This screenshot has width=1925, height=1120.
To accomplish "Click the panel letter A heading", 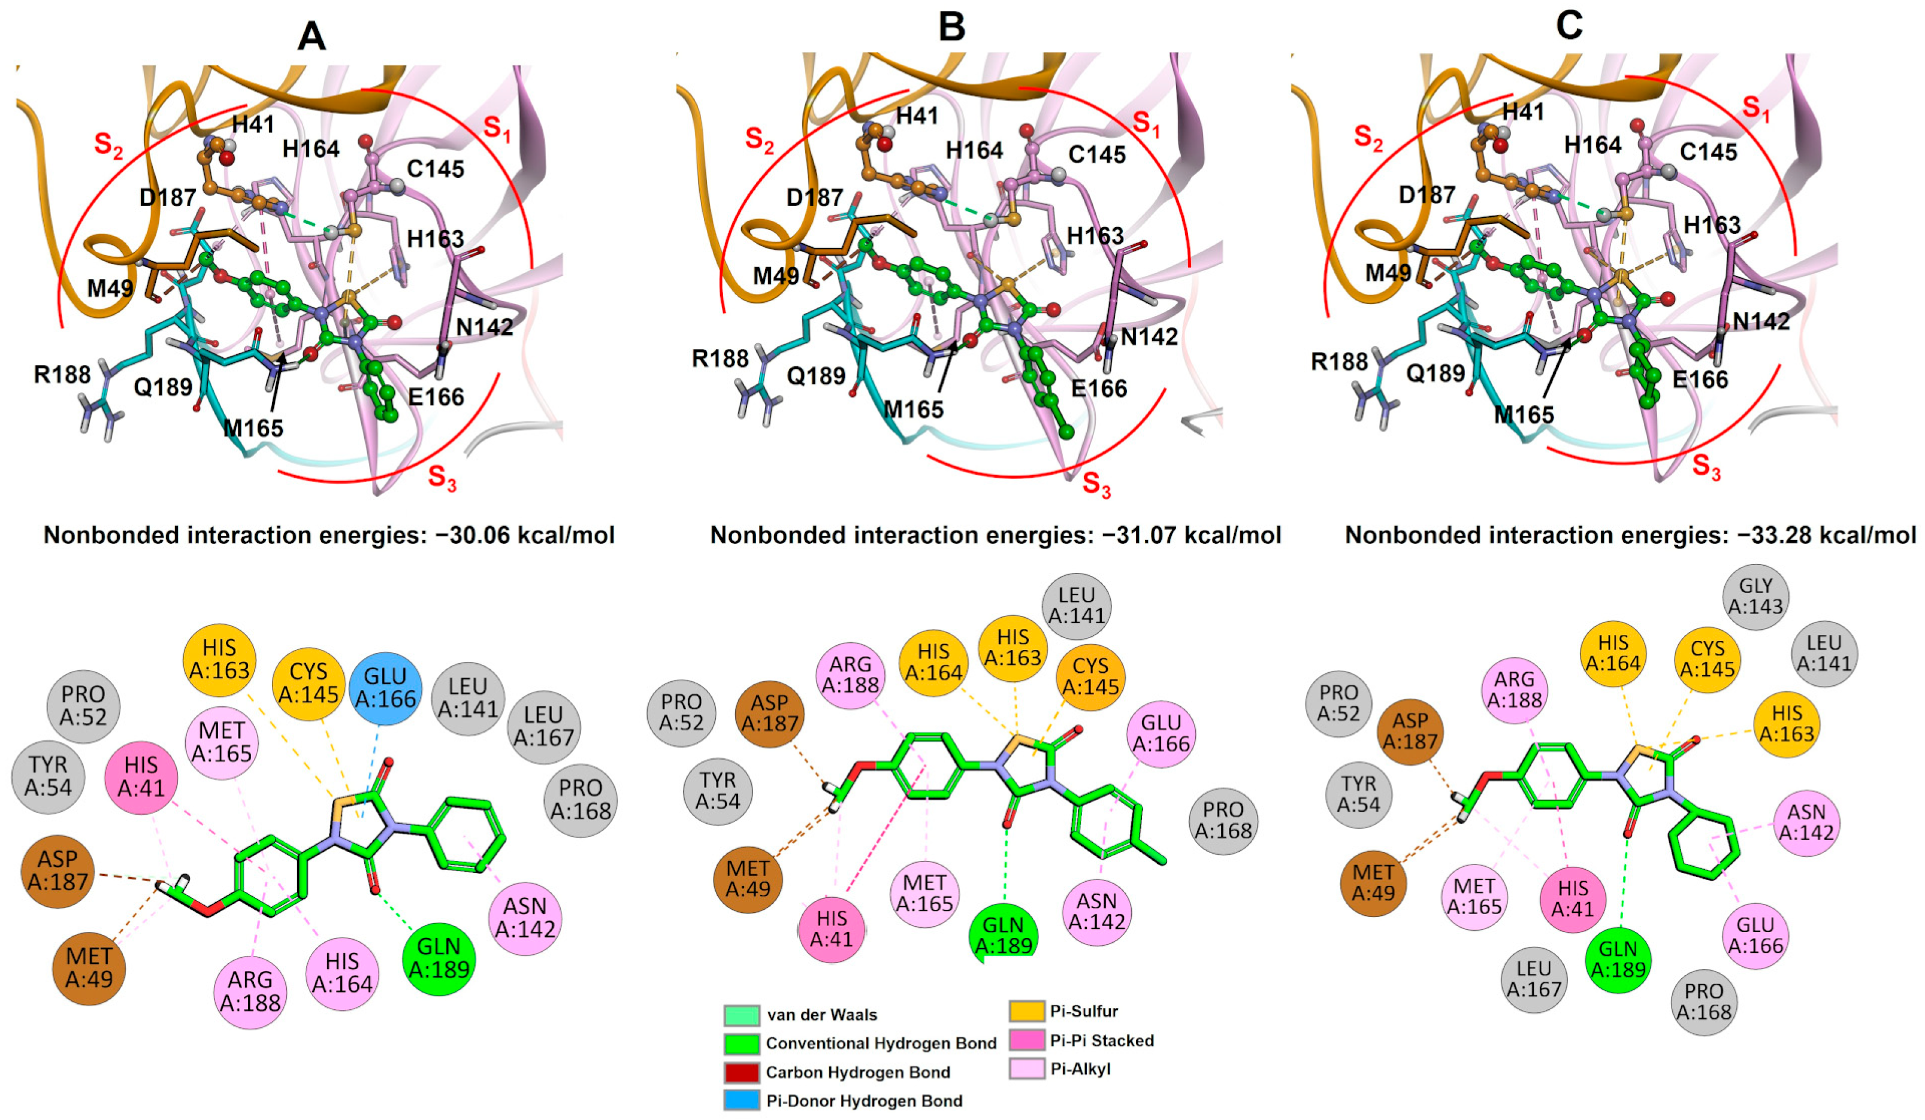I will click(311, 35).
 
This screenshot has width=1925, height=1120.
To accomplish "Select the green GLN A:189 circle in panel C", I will click(1617, 960).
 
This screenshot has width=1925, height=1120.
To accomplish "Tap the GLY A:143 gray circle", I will click(1755, 596).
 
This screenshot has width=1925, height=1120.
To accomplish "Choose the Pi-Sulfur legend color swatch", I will click(1027, 1012).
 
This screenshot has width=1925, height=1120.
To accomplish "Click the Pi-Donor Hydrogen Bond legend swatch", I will click(741, 1100).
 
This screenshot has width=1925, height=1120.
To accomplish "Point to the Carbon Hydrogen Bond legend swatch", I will click(741, 1072).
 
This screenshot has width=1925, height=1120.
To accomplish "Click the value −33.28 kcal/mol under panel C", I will click(1826, 535).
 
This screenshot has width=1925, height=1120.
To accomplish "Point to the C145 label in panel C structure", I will click(1709, 152).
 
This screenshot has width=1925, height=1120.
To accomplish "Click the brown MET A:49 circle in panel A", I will click(89, 967).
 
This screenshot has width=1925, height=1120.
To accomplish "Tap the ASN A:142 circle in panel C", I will click(1806, 822).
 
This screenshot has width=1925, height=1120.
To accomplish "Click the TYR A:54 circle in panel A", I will click(48, 776).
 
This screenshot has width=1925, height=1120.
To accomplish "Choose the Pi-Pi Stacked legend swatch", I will click(1027, 1040).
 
